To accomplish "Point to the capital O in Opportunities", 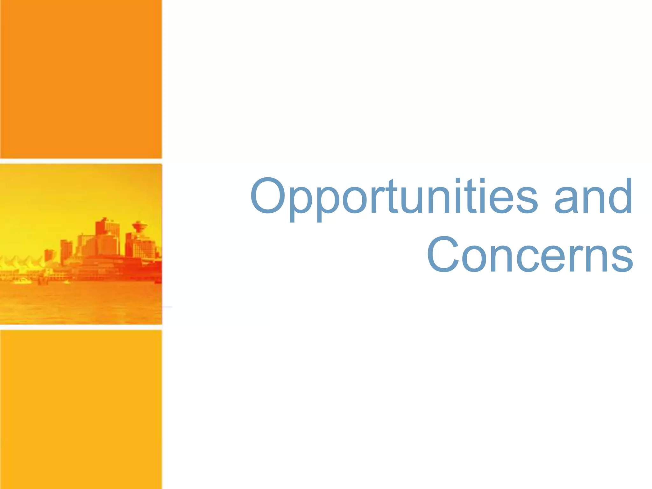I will tap(267, 195).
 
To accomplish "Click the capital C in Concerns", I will tap(443, 255).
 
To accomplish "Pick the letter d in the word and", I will tap(619, 196).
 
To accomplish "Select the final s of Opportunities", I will tap(527, 201).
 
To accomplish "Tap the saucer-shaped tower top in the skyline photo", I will tap(139, 226).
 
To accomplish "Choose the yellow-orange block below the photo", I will tap(81, 409).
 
